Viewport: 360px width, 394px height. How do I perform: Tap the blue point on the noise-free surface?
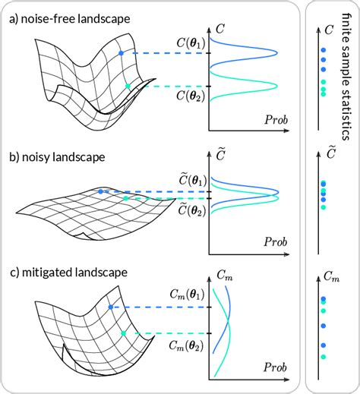121,53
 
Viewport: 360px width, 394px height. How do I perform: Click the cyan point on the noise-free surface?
128,87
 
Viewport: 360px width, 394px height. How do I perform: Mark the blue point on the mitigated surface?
111,307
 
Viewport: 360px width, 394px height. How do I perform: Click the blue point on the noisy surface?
100,191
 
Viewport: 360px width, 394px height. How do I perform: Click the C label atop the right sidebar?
328,30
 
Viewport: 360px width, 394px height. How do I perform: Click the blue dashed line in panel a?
164,53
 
